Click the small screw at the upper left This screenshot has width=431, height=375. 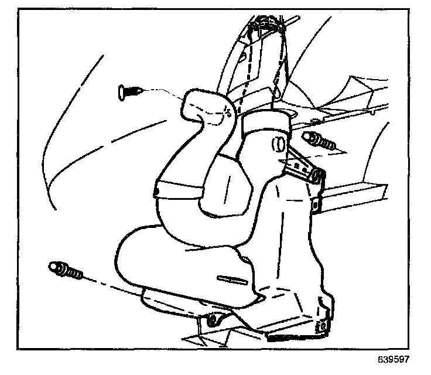click(x=130, y=91)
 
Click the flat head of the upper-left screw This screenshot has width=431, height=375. click(x=122, y=91)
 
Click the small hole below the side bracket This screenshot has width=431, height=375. click(x=316, y=204)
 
